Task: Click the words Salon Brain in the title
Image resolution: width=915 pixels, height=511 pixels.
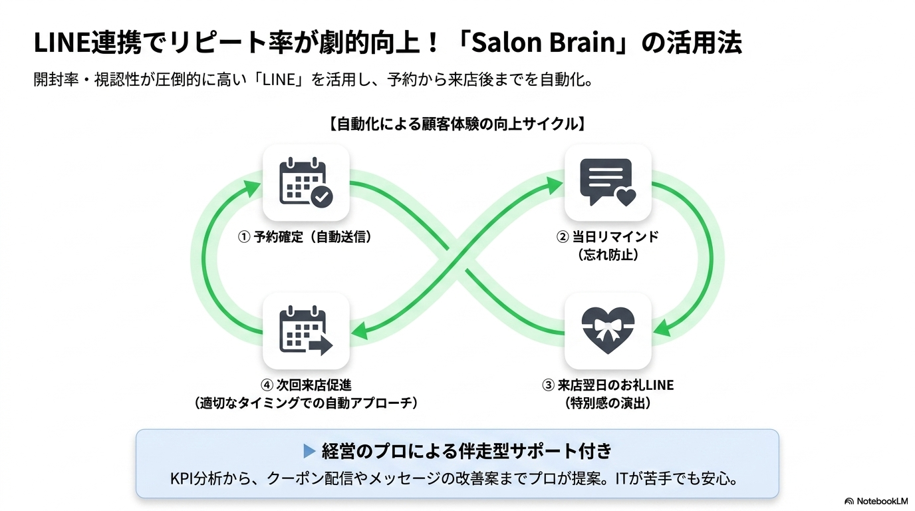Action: click(544, 43)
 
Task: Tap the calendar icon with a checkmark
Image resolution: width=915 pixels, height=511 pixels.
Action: click(306, 182)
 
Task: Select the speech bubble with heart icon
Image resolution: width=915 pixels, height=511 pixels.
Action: click(608, 182)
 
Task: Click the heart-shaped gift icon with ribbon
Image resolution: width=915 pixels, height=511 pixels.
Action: click(608, 331)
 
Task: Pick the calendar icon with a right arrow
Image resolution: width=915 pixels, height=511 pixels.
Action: click(306, 331)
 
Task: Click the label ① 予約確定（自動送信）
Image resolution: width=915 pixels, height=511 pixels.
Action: click(305, 237)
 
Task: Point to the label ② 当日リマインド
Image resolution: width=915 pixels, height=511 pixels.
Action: click(608, 237)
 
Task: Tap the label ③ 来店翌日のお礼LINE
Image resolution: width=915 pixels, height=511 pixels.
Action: click(608, 385)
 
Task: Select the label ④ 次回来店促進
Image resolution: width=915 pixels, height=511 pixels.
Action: click(306, 385)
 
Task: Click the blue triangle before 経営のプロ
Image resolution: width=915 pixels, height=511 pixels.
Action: click(309, 451)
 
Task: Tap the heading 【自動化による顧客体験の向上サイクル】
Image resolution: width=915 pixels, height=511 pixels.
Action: click(457, 124)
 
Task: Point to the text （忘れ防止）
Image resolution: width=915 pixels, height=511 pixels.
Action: click(608, 255)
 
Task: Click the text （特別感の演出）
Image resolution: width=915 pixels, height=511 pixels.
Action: click(608, 403)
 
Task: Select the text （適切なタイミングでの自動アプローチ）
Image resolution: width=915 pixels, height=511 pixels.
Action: click(306, 403)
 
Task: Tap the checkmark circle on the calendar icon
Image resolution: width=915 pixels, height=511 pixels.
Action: click(322, 197)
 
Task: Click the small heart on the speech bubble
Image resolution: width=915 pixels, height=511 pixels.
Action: click(626, 198)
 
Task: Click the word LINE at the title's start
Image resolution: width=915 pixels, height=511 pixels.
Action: click(62, 43)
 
